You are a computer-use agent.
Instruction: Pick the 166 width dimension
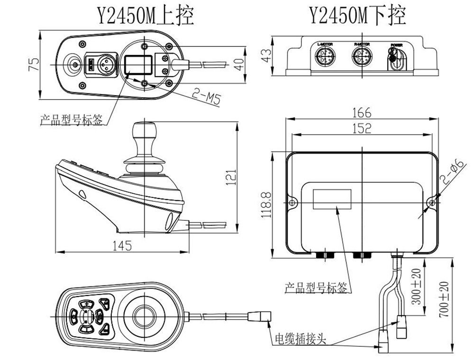(362, 113)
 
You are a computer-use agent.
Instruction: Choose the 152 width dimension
(362, 128)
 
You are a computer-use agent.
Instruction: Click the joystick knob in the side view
(144, 133)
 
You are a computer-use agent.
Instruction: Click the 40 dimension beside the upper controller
(239, 63)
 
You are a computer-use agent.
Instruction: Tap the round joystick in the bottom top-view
(144, 314)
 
